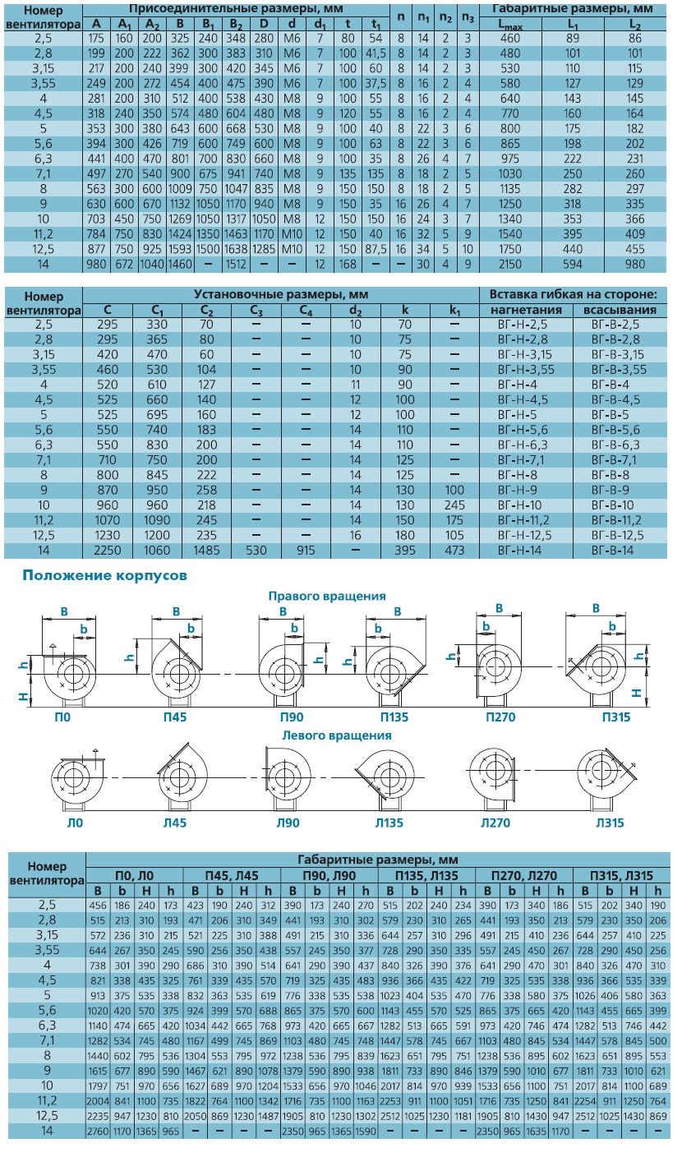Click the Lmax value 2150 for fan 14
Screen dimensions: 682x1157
click(x=510, y=264)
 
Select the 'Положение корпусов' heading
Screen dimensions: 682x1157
click(x=105, y=575)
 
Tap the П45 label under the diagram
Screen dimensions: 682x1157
click(x=175, y=717)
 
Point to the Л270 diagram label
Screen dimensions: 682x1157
click(x=495, y=823)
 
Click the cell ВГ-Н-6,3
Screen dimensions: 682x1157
click(x=523, y=445)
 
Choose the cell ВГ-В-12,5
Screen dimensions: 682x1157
click(x=617, y=535)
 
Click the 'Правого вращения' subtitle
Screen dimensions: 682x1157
click(x=327, y=596)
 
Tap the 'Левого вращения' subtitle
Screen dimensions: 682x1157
click(x=337, y=735)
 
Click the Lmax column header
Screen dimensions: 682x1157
click(x=510, y=25)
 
